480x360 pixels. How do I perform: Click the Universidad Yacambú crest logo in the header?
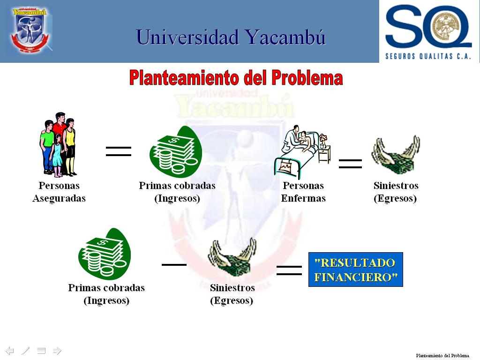30,30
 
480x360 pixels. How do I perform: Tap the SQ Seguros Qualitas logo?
428,32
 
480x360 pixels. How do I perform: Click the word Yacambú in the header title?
285,37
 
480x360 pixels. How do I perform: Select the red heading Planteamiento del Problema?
236,78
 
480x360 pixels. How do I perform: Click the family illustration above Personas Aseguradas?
58,145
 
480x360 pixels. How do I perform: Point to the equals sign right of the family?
119,151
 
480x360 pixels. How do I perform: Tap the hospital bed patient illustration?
302,151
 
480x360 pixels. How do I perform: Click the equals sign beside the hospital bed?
350,164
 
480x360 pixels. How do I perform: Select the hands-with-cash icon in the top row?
396,155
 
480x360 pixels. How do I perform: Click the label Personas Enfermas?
303,192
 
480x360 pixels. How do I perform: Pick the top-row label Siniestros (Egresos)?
396,192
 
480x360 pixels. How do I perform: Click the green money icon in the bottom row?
105,254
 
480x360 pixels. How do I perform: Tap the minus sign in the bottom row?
174,264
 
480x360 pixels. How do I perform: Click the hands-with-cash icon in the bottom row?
232,257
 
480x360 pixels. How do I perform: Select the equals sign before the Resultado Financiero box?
289,270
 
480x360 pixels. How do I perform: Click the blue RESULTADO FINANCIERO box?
356,270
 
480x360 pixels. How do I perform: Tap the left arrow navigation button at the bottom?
10,351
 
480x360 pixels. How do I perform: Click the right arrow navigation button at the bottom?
57,351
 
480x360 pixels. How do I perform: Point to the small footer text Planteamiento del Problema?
442,355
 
